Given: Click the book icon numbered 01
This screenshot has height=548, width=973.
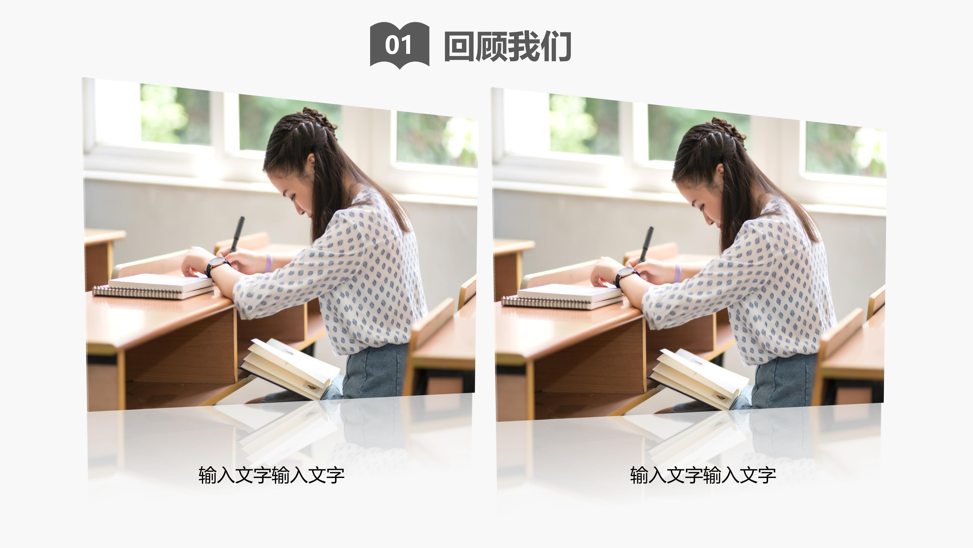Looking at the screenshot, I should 399,45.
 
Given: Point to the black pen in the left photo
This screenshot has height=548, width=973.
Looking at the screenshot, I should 238,233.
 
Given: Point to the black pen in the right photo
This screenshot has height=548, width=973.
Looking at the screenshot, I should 647,243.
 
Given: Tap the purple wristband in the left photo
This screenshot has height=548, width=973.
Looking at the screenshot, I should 269,263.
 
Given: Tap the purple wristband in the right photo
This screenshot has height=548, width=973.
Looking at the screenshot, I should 678,273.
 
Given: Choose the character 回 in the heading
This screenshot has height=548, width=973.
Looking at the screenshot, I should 459,46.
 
